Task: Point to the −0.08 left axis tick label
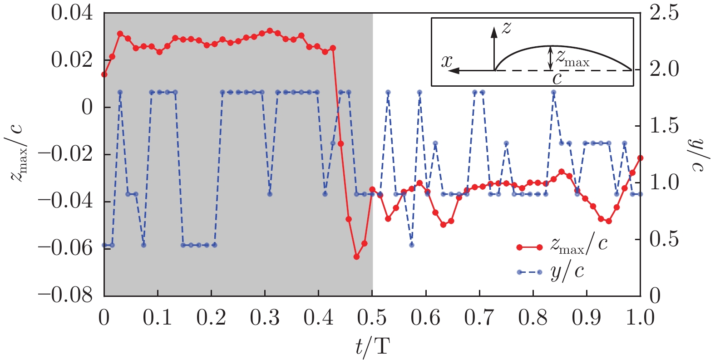click(x=65, y=296)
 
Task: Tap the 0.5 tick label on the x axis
click(x=372, y=317)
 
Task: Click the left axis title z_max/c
click(x=19, y=154)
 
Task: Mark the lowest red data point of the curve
click(x=356, y=256)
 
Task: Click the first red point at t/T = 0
click(x=104, y=74)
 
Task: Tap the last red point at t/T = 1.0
click(x=640, y=158)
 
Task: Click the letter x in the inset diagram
click(x=447, y=61)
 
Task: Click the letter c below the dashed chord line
click(x=557, y=79)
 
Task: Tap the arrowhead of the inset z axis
click(x=494, y=30)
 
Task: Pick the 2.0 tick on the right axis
click(x=664, y=69)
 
